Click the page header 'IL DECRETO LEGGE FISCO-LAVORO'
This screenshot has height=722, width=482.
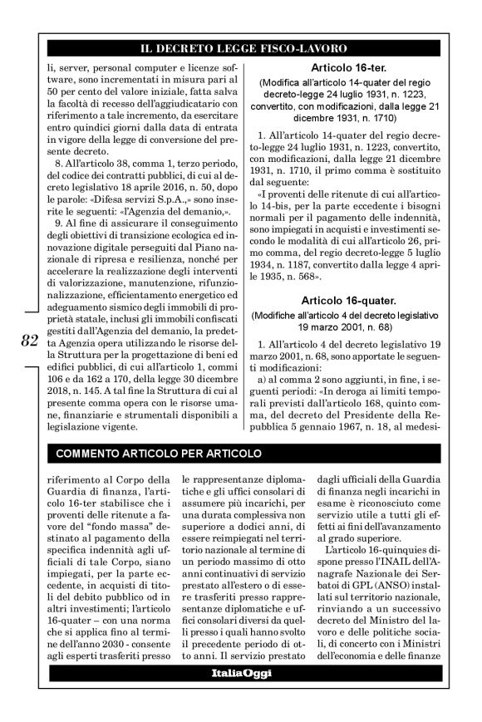coord(240,50)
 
